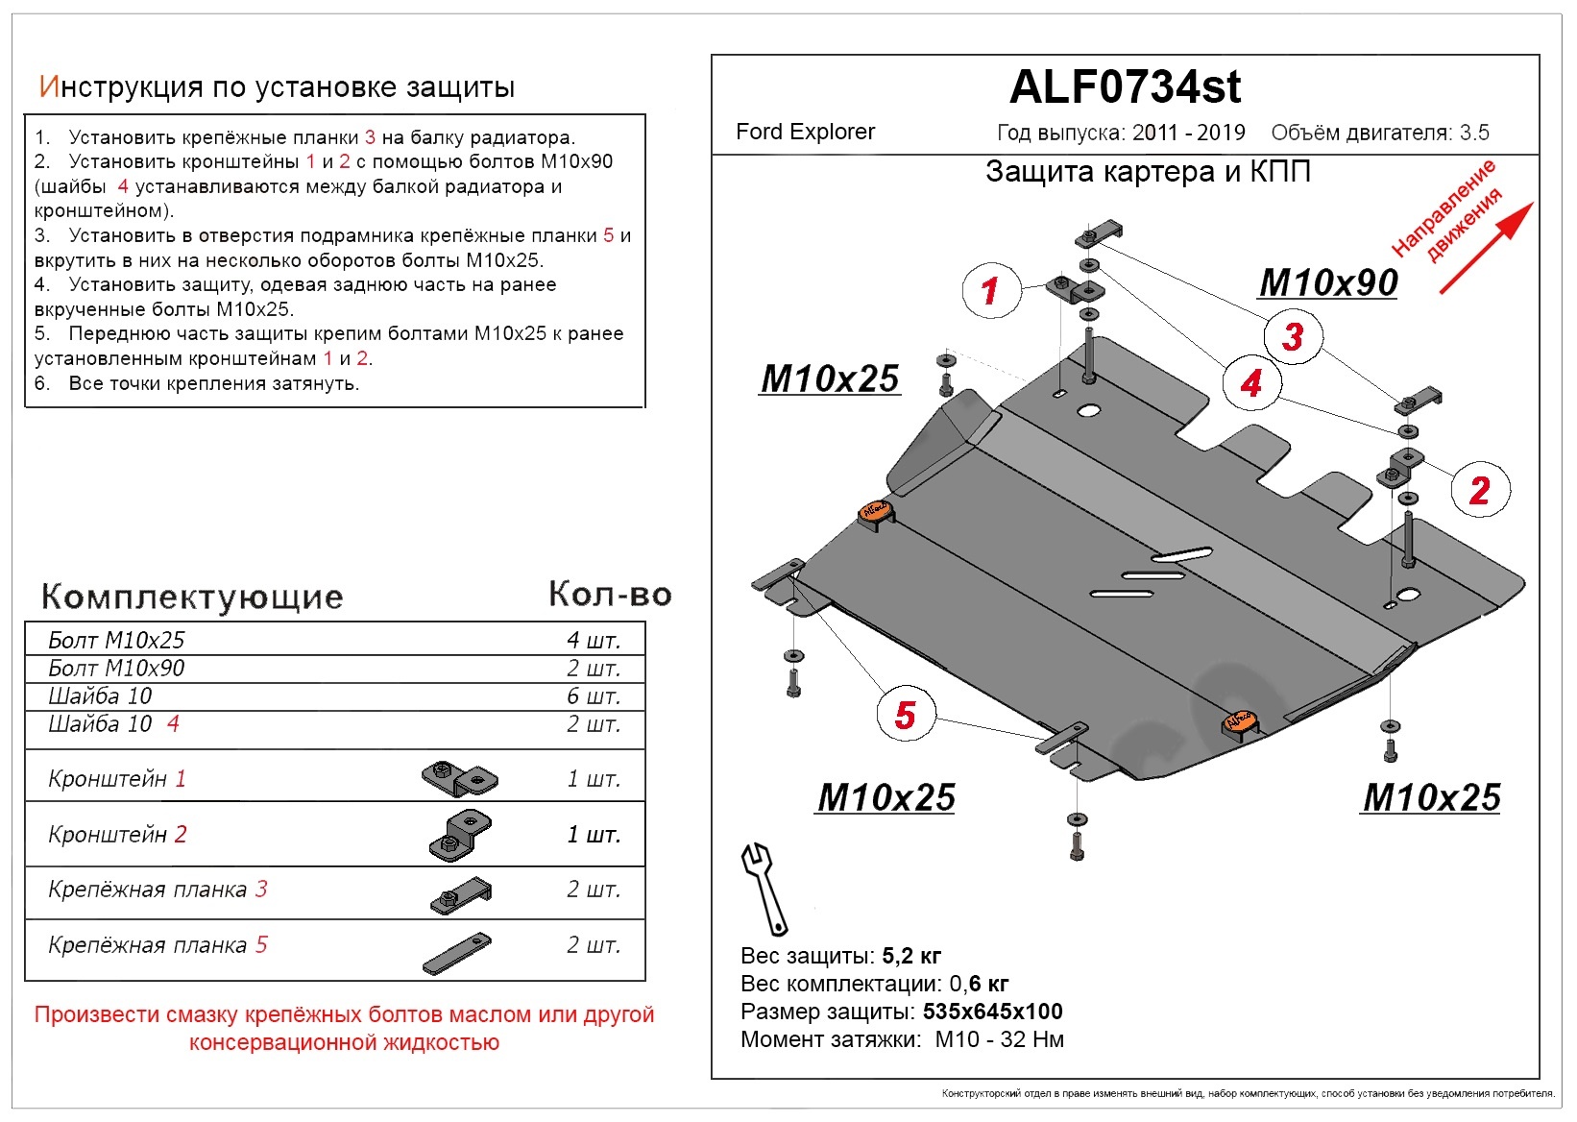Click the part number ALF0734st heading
point(1125,87)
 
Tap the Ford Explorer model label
point(805,132)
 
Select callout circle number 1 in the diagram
point(990,290)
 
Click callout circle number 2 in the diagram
point(1479,490)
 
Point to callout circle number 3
point(1293,336)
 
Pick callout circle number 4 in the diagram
point(1250,383)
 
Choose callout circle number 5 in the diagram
point(905,715)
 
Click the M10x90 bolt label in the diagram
point(1328,282)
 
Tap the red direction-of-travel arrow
point(1487,247)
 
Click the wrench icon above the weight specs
point(764,888)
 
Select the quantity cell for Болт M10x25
point(594,641)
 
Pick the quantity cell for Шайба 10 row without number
point(594,696)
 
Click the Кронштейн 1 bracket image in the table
point(459,778)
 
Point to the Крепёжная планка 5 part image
point(456,953)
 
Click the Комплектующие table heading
point(192,597)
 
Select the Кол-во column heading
point(610,595)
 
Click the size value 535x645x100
point(992,1012)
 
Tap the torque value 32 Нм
point(1031,1039)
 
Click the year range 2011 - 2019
point(1188,133)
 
